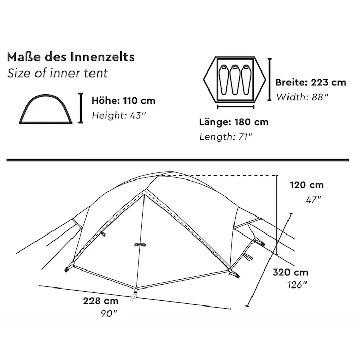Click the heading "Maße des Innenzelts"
(71, 57)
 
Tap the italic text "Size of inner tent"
(58, 73)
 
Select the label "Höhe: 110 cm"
(123, 101)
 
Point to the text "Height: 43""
(119, 115)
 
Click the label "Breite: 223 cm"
(311, 82)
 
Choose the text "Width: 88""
(302, 97)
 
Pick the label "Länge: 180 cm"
(233, 122)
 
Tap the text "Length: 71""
(225, 137)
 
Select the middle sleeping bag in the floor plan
(235, 79)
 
